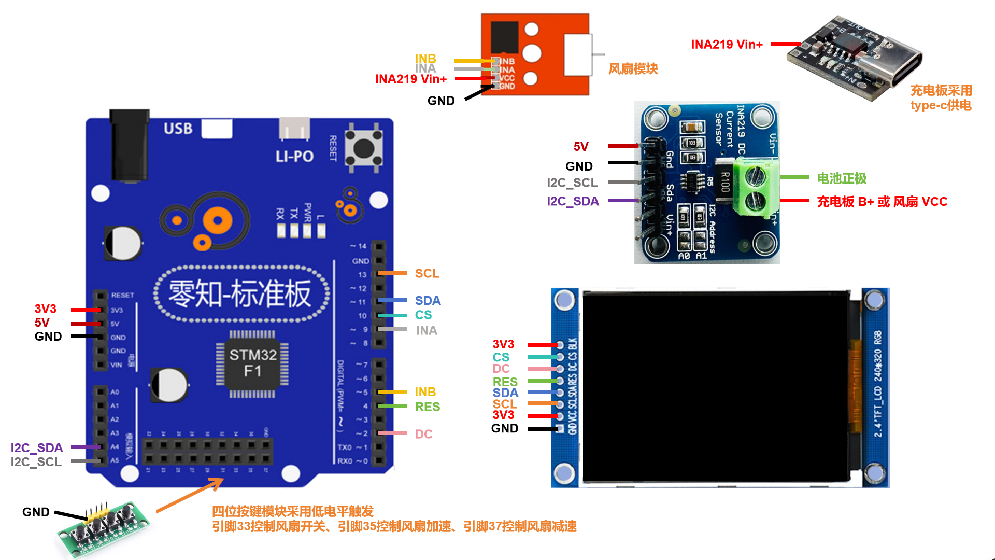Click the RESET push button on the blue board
[364, 148]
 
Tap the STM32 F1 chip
[252, 363]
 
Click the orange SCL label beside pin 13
[427, 273]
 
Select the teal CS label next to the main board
[423, 315]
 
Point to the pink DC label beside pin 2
[423, 434]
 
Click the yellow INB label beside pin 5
[425, 392]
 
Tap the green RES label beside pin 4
[428, 407]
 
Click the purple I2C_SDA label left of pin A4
[37, 447]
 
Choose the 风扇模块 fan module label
[633, 68]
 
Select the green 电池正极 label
[842, 178]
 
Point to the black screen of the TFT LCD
[715, 386]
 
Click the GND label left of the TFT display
[505, 428]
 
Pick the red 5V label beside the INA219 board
[581, 147]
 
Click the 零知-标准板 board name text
[240, 293]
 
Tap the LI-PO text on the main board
[294, 156]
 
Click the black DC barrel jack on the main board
[129, 145]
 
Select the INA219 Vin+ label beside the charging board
[727, 45]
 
